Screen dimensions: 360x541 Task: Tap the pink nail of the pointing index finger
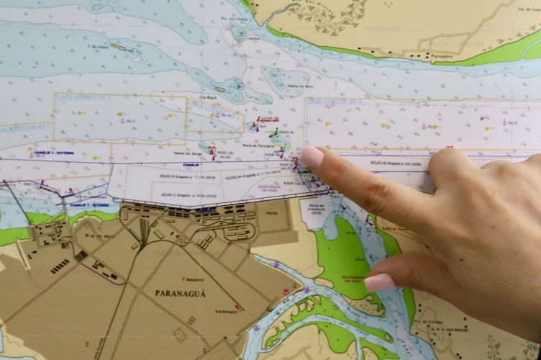point(312,156)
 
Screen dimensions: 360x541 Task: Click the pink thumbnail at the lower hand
point(379,282)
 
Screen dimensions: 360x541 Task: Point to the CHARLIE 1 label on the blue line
point(191,165)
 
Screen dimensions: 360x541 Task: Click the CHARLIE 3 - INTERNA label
point(89,204)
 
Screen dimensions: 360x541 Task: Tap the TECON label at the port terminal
point(272,214)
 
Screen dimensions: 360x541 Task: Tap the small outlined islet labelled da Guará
point(119,48)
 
